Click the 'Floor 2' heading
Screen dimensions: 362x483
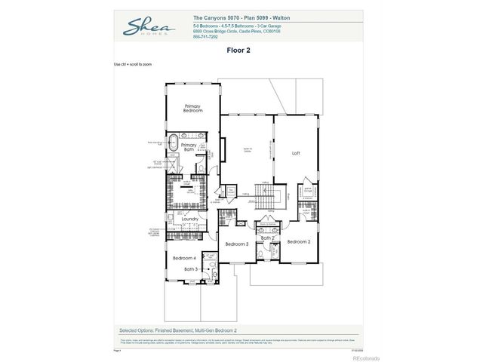(x=238, y=51)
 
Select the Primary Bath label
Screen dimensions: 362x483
(x=189, y=147)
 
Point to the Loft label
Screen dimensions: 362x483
(x=296, y=153)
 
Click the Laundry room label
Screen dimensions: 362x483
(x=189, y=219)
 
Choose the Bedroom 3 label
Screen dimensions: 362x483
(x=237, y=244)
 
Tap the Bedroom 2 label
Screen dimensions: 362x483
(x=299, y=241)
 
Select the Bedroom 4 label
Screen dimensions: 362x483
(x=184, y=259)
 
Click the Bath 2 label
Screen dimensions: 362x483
(x=266, y=238)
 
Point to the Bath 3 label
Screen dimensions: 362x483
(x=191, y=268)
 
